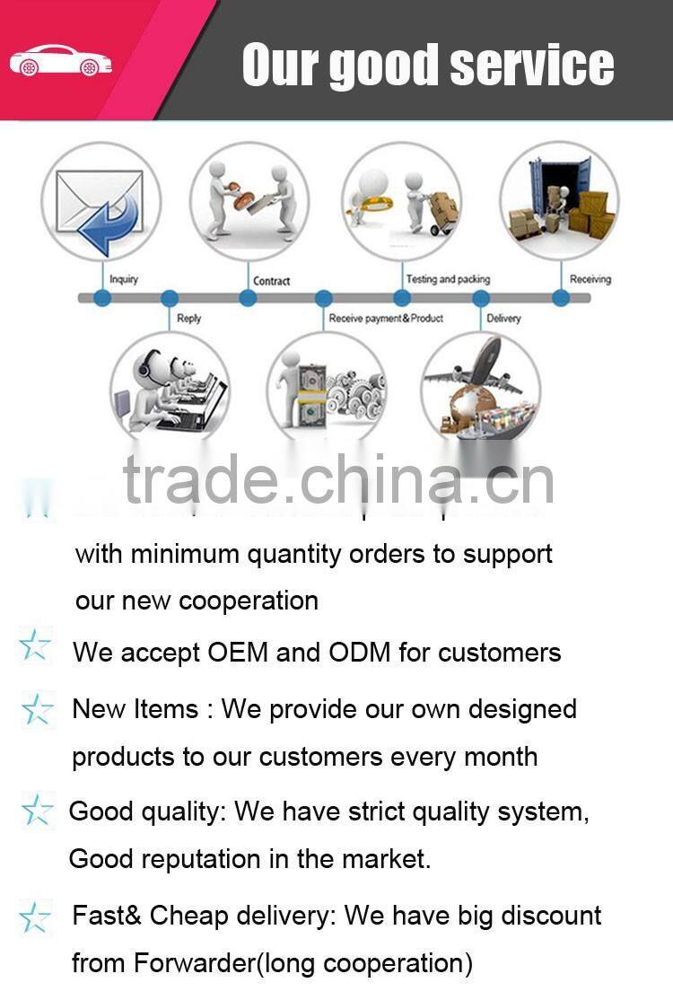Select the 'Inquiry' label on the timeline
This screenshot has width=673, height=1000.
coord(124,279)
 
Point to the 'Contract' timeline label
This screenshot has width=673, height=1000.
coord(271,281)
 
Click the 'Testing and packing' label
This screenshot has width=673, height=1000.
coord(448,279)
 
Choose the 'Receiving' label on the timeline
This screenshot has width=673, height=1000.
coord(590,279)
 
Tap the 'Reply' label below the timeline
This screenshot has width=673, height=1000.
coord(189,319)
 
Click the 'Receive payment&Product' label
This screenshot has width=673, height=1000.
coord(386,319)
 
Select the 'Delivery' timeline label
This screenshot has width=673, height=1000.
coord(503,319)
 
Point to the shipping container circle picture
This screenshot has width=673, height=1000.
coord(560,199)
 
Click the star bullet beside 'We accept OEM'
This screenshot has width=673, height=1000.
coord(35,646)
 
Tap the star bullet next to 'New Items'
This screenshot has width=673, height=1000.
coord(37,710)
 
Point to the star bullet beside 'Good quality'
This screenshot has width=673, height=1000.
coord(37,811)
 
